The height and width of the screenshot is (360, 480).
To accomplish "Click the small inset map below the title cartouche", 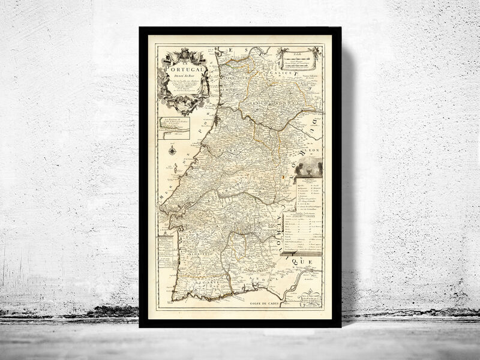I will click(174, 128).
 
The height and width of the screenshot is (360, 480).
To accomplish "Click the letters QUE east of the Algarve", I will click(304, 263).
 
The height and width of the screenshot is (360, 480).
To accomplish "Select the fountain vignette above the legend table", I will click(309, 167).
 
